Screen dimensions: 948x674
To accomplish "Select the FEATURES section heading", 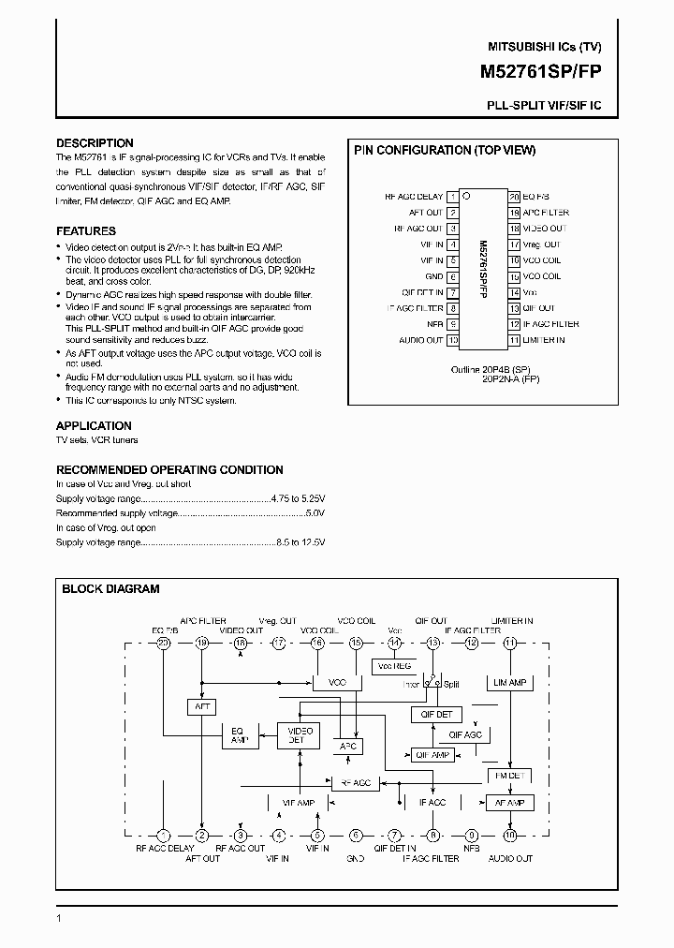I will click(x=86, y=230).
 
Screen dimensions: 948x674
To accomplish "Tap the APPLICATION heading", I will click(x=94, y=424).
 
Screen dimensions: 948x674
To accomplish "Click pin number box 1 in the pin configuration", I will click(x=453, y=197).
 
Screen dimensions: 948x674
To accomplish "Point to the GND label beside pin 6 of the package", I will click(x=433, y=276).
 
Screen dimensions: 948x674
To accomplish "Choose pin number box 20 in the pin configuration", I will click(x=514, y=197).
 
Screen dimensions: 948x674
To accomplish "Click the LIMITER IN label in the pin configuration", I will click(x=544, y=340).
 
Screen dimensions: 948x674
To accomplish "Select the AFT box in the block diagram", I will click(x=202, y=706).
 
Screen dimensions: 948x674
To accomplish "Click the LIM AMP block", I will click(x=509, y=683).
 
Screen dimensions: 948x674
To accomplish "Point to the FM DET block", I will click(x=508, y=776).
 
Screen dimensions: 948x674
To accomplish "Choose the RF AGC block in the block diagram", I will click(x=355, y=782).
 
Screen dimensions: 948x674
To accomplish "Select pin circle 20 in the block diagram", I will click(x=163, y=644).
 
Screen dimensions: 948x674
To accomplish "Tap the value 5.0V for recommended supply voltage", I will click(x=315, y=513).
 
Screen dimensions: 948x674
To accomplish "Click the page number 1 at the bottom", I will click(x=59, y=920).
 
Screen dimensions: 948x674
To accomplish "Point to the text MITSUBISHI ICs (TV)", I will click(x=545, y=46).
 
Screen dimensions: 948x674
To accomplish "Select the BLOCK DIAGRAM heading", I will click(x=110, y=589).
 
